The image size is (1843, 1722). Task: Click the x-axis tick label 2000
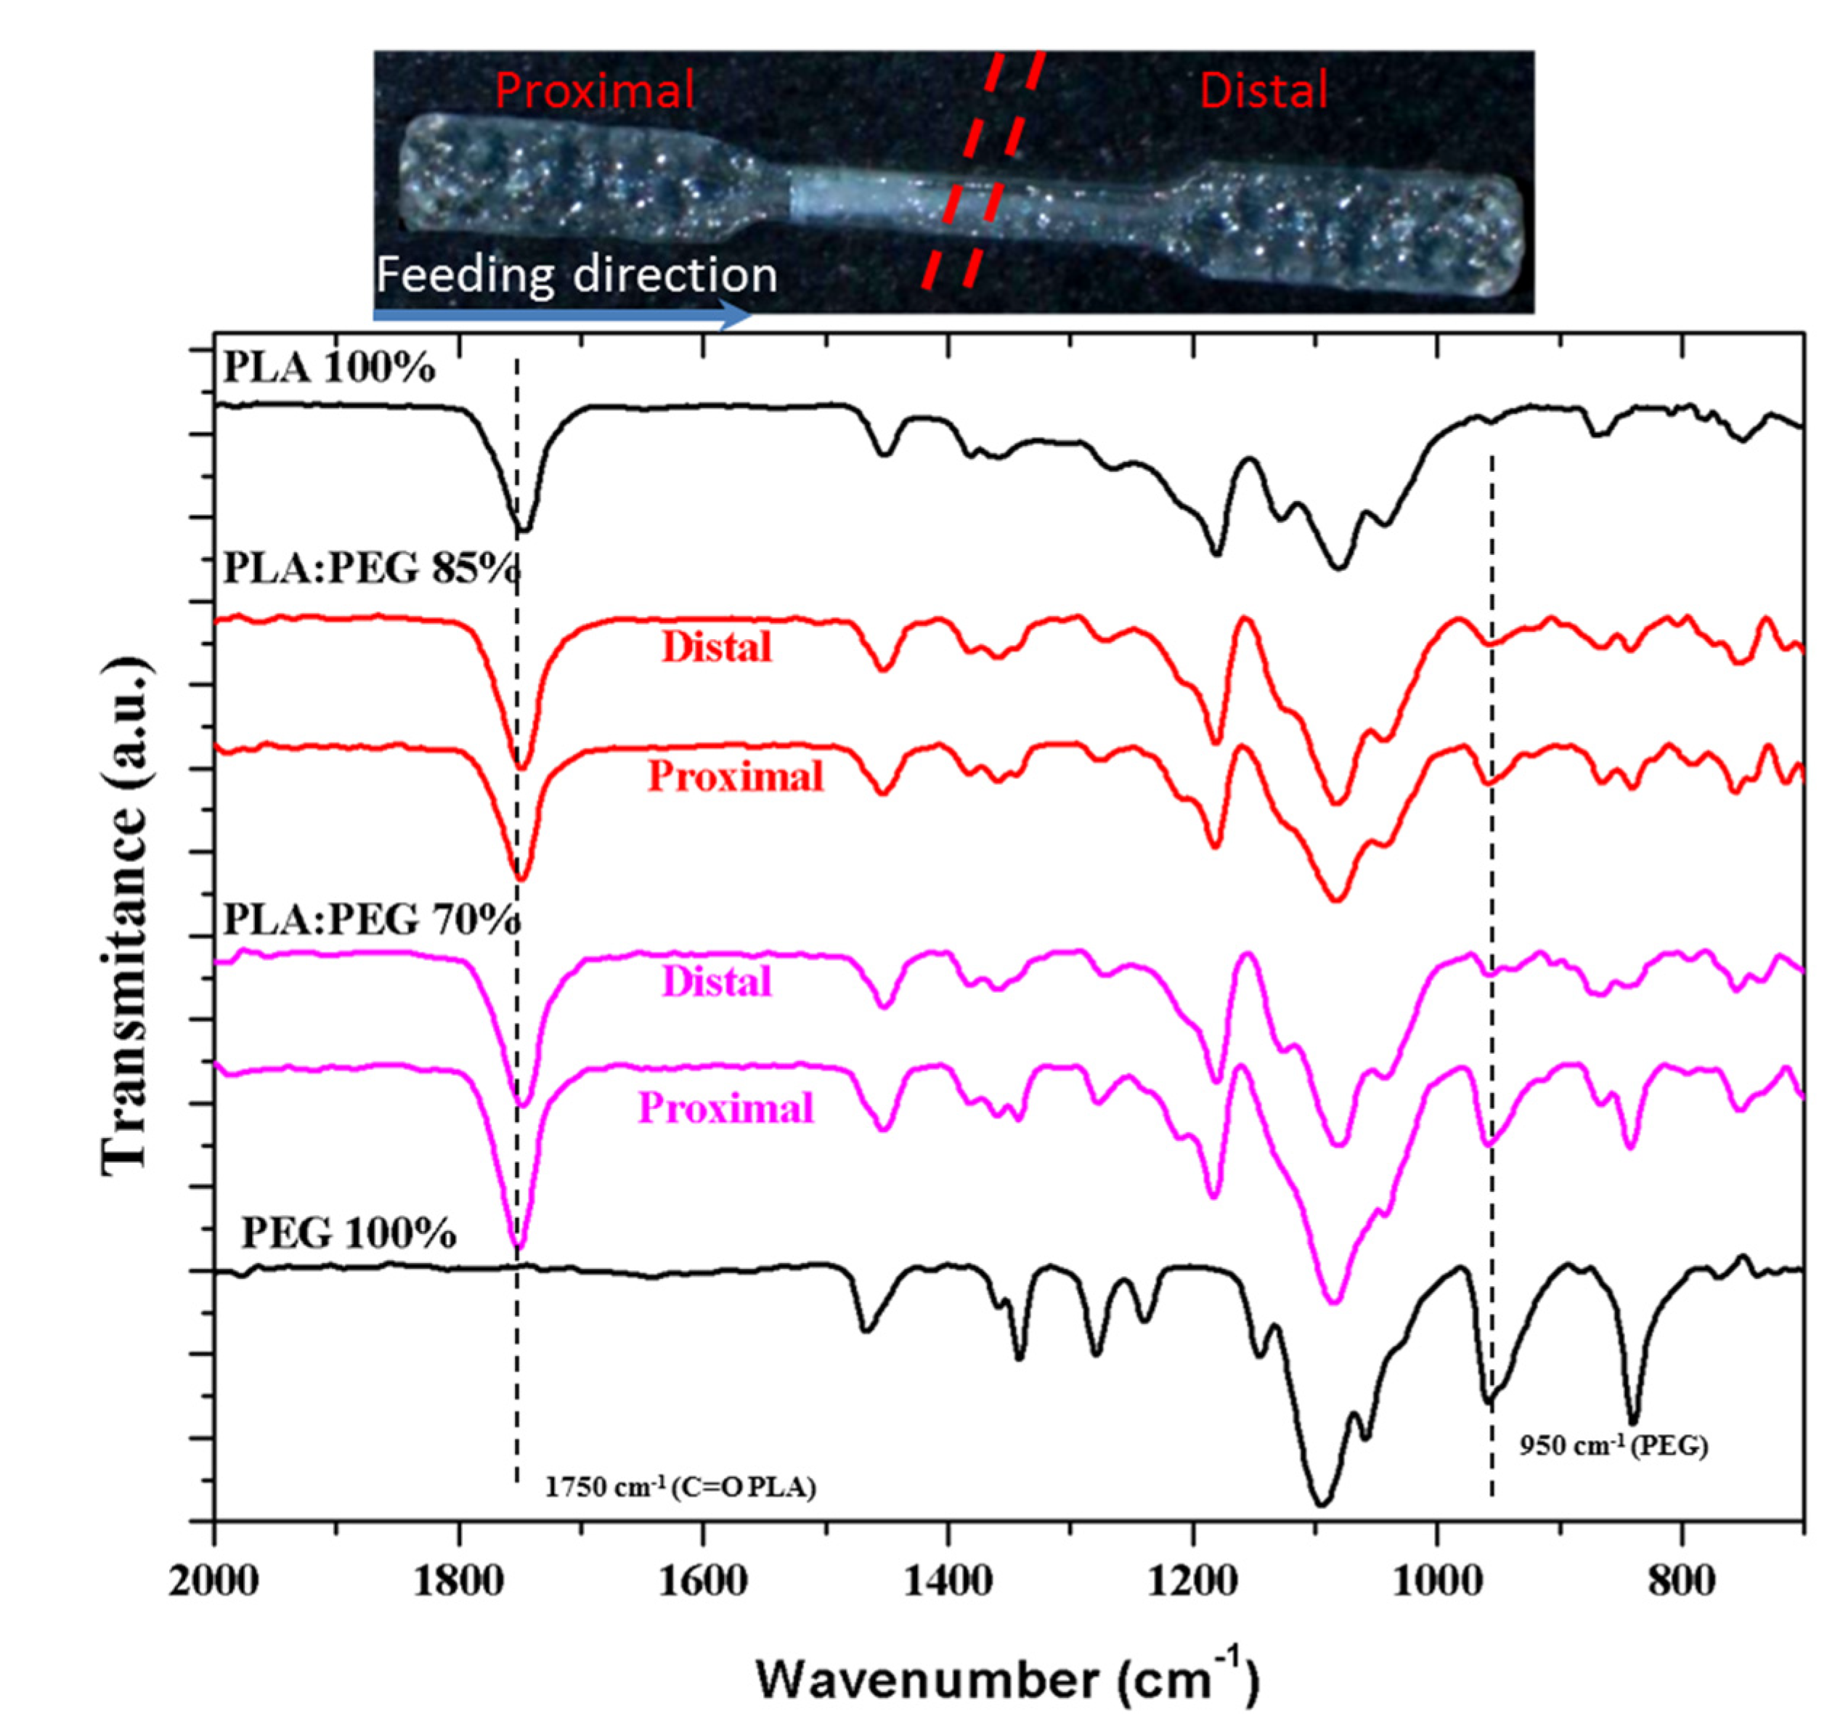214,1581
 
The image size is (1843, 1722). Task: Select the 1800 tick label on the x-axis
458,1581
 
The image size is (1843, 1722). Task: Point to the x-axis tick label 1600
703,1581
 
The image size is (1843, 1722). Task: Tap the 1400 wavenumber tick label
948,1581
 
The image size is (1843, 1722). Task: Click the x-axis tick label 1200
1192,1581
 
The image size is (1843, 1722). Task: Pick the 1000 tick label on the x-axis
1437,1581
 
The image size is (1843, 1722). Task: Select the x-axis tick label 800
1681,1581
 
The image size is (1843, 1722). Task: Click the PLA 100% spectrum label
329,369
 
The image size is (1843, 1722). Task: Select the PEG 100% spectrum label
349,1233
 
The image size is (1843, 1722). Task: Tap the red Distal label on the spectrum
717,647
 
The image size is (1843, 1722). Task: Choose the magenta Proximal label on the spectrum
726,1108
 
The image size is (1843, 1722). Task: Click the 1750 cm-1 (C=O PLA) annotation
680,1487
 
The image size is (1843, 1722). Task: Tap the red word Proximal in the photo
594,91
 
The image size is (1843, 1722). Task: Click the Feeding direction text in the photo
576,275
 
